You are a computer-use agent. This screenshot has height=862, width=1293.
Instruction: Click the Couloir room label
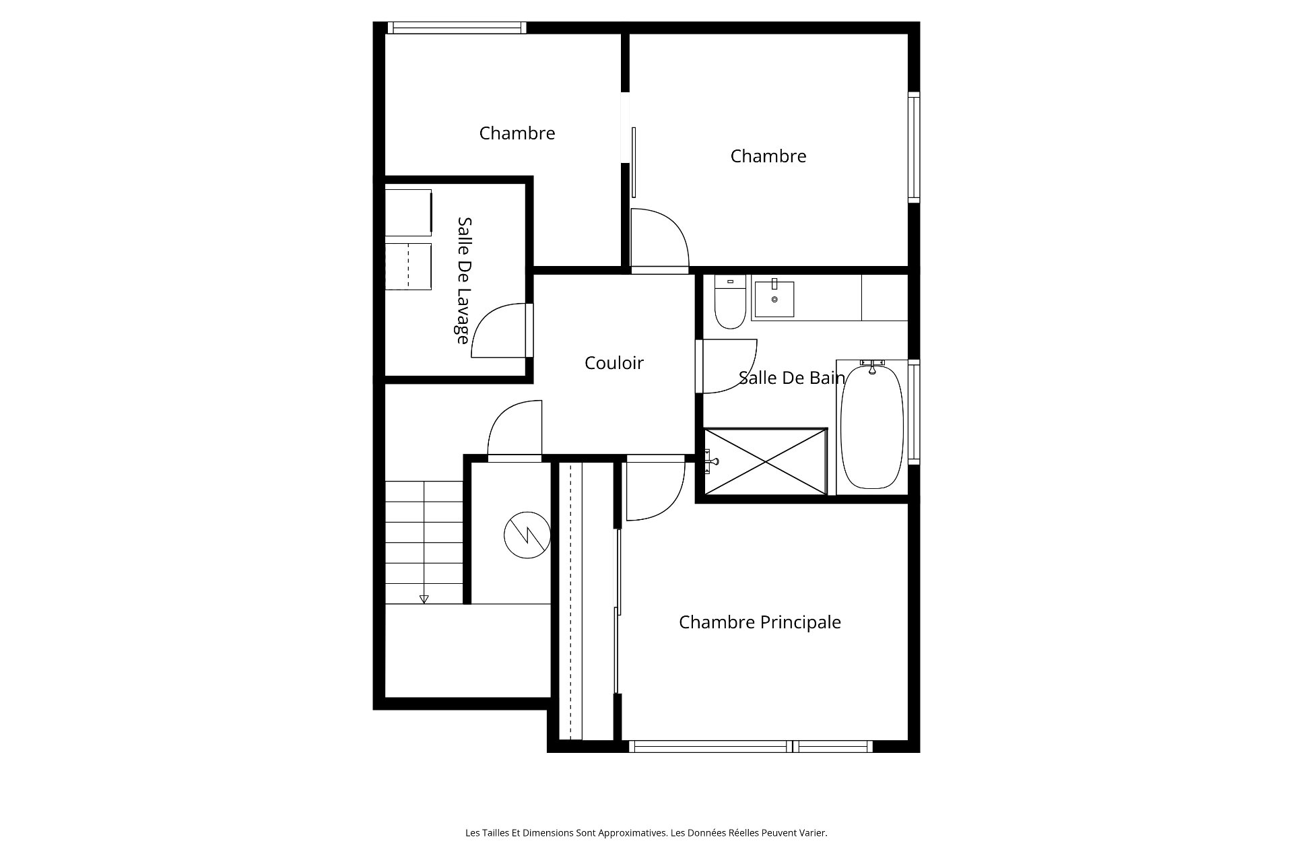(614, 363)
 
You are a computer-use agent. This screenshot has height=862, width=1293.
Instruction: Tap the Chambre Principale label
(760, 622)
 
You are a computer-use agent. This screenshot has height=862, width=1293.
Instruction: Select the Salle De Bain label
(791, 378)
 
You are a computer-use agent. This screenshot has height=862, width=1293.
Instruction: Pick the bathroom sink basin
(774, 298)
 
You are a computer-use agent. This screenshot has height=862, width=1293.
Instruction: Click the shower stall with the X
(765, 461)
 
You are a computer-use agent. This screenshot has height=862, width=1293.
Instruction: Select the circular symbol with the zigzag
(527, 535)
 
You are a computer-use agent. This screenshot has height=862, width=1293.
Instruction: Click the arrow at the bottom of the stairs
(424, 599)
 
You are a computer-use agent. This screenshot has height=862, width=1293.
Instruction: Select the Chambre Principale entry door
(655, 488)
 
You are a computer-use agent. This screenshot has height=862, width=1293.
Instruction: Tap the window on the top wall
(457, 28)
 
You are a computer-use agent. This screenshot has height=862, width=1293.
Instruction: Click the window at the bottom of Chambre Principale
(751, 746)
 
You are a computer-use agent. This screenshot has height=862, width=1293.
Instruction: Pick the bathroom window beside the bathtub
(914, 412)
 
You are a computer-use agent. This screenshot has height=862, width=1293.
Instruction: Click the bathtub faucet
(872, 366)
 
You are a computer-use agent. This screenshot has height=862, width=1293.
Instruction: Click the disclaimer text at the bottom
(646, 833)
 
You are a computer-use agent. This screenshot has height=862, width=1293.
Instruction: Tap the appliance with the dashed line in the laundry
(408, 267)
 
